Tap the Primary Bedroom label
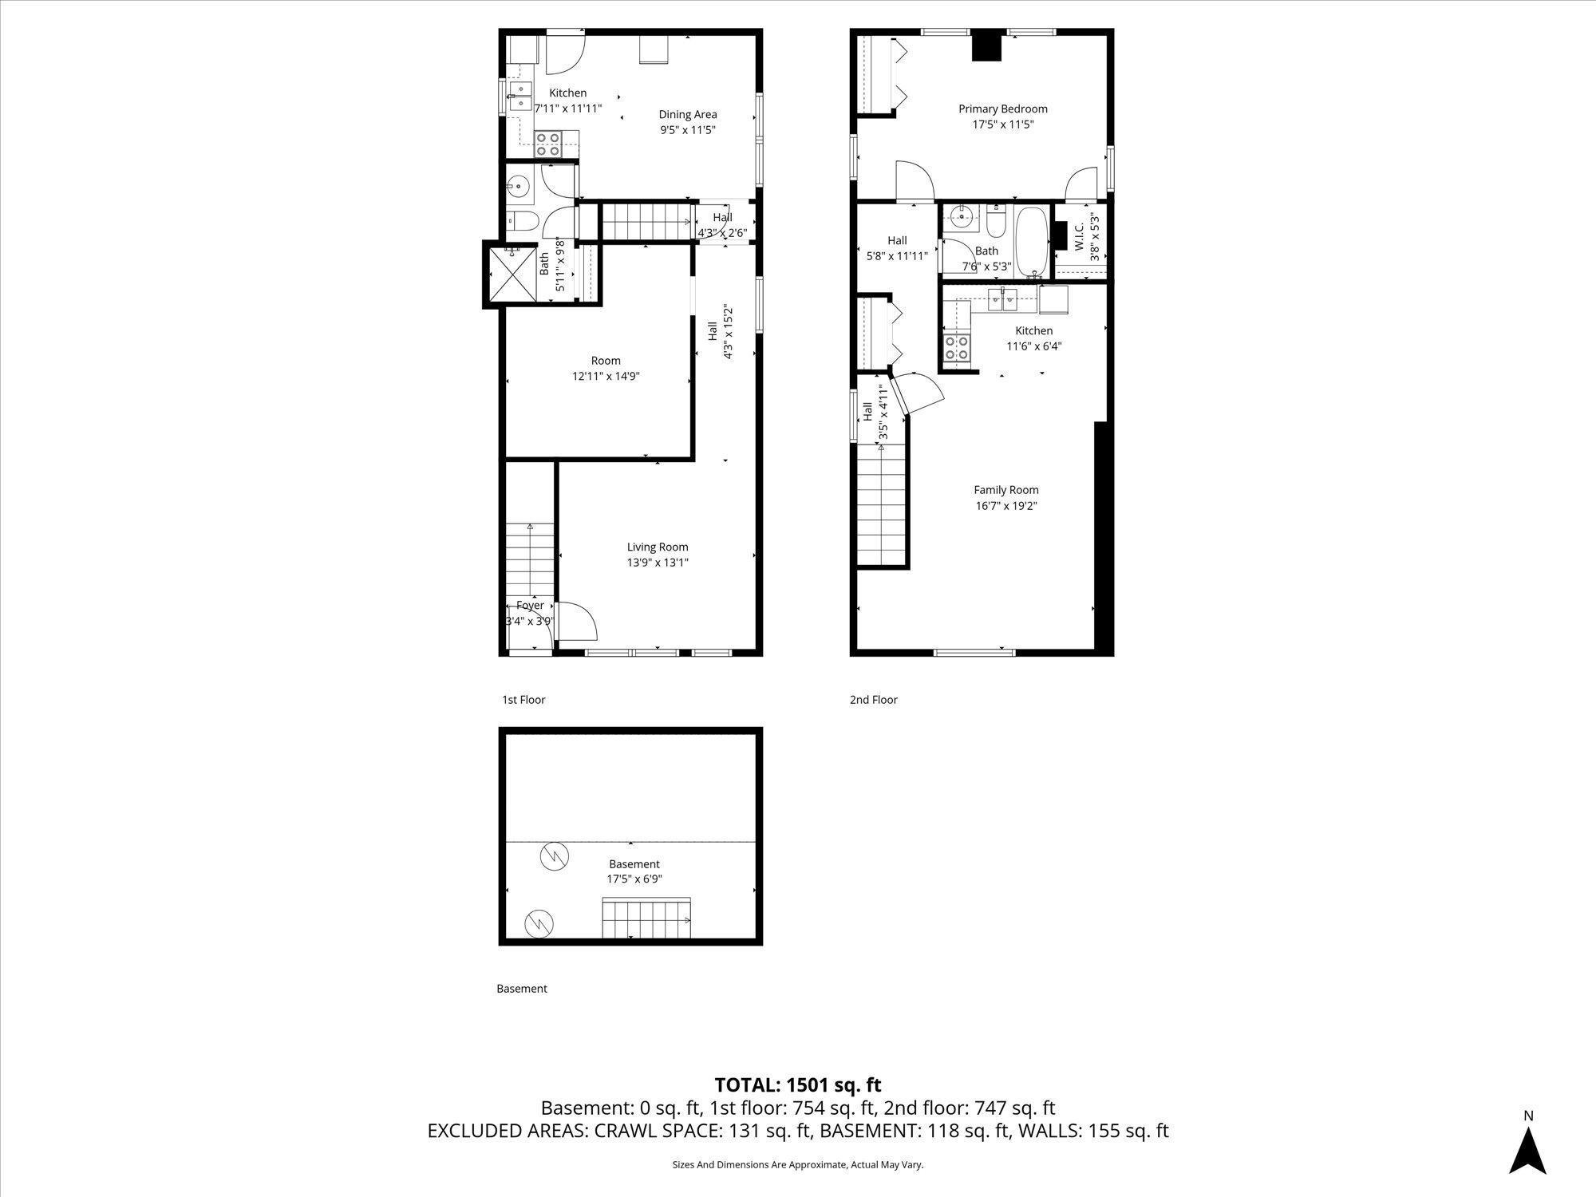click(1002, 109)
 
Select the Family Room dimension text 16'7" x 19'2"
click(1005, 506)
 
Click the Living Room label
click(657, 547)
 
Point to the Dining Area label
click(687, 115)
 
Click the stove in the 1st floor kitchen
click(548, 144)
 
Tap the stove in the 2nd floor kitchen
click(957, 348)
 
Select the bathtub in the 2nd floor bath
click(1033, 241)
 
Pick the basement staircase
click(646, 918)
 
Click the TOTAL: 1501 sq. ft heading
click(797, 1085)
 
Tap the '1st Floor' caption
click(523, 700)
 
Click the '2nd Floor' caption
click(873, 700)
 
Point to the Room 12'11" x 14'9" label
click(606, 369)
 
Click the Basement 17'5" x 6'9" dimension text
click(634, 879)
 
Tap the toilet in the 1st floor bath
click(523, 220)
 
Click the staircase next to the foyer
click(529, 559)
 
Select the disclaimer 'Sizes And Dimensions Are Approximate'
click(797, 1165)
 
